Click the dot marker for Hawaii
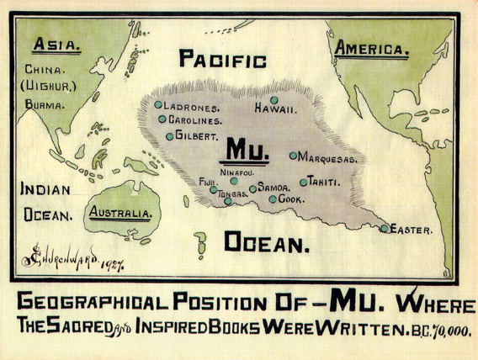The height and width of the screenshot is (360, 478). [x=274, y=100]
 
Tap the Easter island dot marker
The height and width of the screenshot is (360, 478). [x=385, y=228]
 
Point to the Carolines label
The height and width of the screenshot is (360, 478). [x=194, y=120]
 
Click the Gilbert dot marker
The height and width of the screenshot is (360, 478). [x=170, y=135]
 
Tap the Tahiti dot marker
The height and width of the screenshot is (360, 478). [x=304, y=182]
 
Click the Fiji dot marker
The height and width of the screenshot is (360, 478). [x=214, y=189]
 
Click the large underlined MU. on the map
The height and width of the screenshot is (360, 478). [x=243, y=152]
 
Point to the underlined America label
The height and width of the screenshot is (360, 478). [x=371, y=49]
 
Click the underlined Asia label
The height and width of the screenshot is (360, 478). [x=52, y=46]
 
